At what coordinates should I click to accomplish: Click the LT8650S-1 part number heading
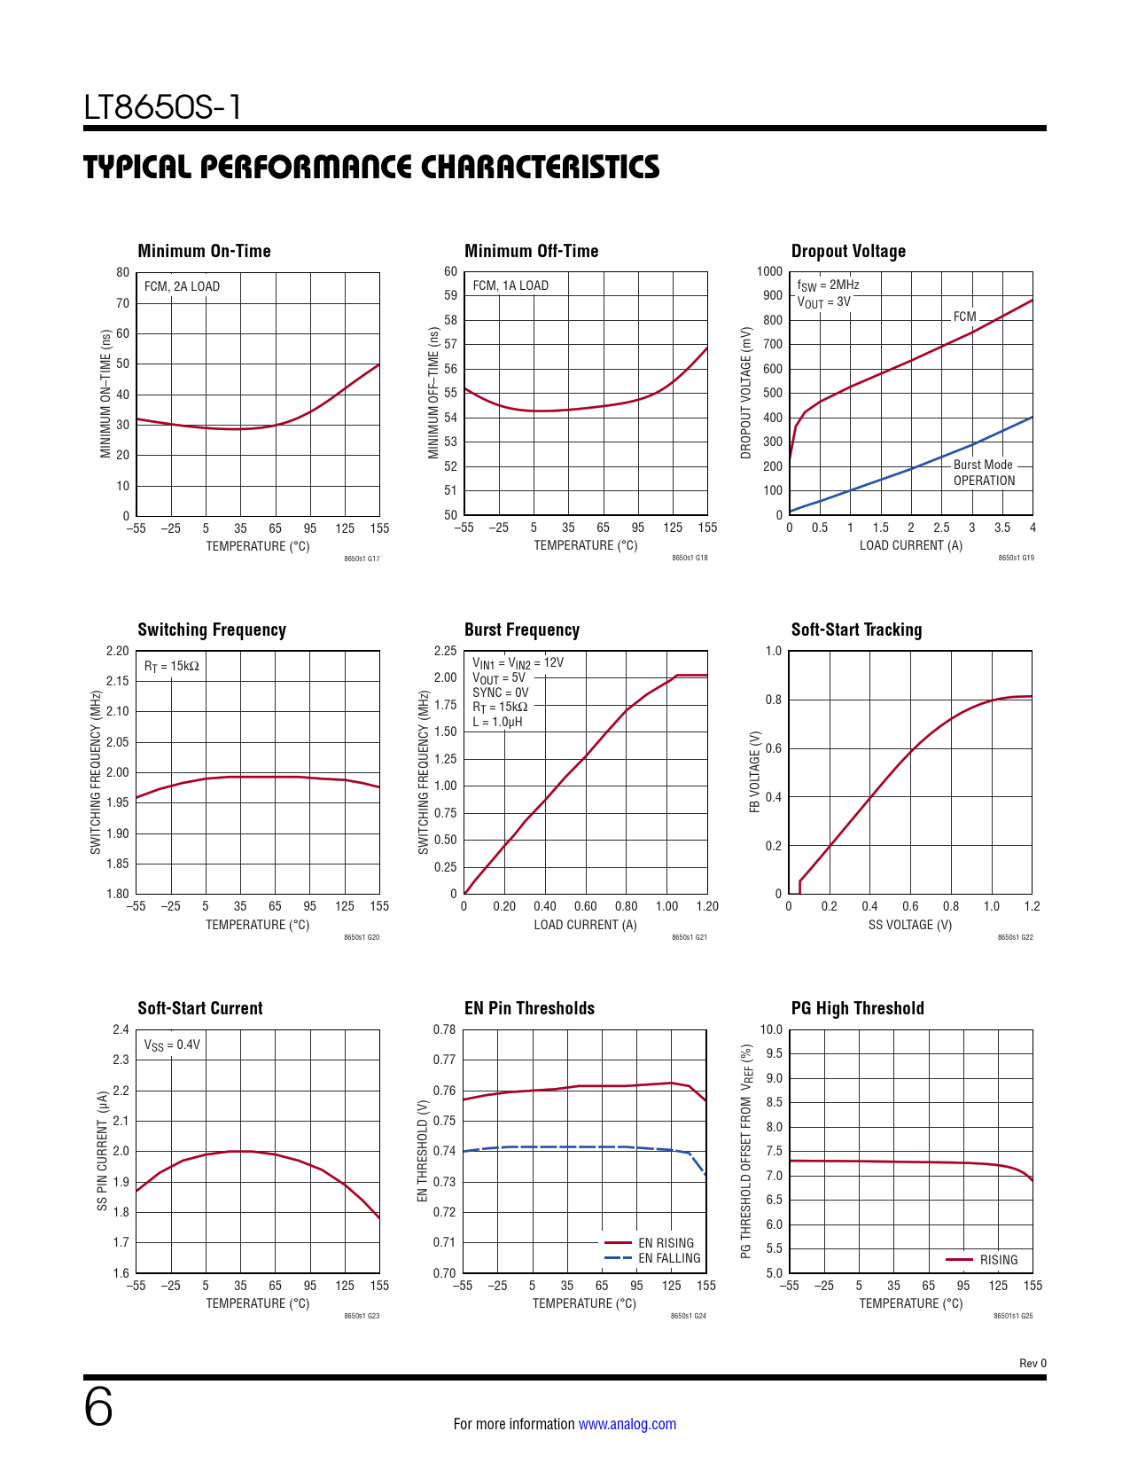coord(163,108)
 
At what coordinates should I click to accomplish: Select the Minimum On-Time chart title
coord(204,251)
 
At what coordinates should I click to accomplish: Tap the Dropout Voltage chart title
coord(848,251)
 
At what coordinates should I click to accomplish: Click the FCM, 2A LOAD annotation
coord(182,286)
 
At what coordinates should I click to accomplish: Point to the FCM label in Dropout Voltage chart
coord(964,317)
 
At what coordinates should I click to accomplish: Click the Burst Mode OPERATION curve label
coord(983,473)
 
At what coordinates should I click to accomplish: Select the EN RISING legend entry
coord(666,1243)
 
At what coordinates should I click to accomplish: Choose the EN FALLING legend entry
coord(668,1258)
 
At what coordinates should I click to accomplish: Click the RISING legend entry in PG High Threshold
coord(998,1260)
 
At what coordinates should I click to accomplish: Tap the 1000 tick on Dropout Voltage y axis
coord(769,271)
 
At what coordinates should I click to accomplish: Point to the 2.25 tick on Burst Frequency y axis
coord(445,651)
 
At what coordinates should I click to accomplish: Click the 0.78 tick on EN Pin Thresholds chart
coord(444,1029)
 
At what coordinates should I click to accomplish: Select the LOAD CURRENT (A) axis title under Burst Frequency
coord(585,925)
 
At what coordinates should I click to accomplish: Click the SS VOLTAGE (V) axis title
coord(910,925)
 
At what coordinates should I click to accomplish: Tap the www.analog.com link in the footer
coord(627,1424)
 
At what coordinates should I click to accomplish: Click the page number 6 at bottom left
coord(98,1407)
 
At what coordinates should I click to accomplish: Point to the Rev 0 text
coord(1033,1364)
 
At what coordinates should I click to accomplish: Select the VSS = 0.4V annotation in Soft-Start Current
coord(172,1045)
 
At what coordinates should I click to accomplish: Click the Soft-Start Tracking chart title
coord(856,630)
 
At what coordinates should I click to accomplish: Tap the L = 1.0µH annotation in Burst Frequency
coord(497,722)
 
